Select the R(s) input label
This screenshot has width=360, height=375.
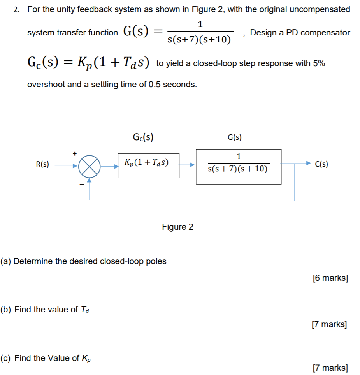42,164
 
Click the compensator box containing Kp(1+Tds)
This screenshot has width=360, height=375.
148,165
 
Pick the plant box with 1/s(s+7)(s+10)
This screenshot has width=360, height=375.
238,166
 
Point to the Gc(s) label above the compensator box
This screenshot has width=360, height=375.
142,137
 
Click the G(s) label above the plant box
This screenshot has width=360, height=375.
234,137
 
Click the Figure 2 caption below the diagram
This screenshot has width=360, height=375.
177,227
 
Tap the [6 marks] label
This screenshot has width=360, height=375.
330,278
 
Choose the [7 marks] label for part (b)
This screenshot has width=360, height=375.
329,324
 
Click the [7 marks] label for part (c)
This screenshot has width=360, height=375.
330,368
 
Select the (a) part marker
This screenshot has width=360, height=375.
6,261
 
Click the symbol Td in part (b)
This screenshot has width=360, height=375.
85,310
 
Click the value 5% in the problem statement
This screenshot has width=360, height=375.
318,64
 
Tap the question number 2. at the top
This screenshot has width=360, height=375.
16,10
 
